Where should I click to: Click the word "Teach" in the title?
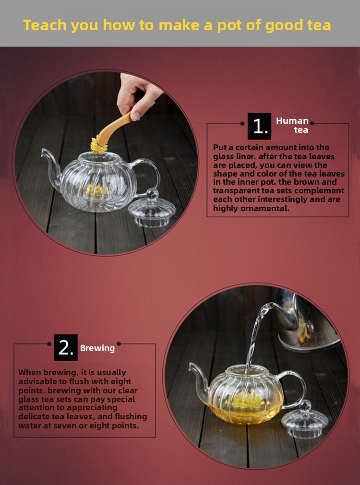tap(45, 25)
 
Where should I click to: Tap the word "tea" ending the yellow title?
tap(319, 25)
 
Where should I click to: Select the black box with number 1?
tap(259, 126)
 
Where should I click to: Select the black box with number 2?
tap(66, 348)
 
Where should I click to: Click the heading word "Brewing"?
tap(97, 349)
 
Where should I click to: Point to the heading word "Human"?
tap(292, 120)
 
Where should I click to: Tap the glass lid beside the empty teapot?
tap(152, 209)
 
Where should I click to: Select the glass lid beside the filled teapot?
tap(304, 419)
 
